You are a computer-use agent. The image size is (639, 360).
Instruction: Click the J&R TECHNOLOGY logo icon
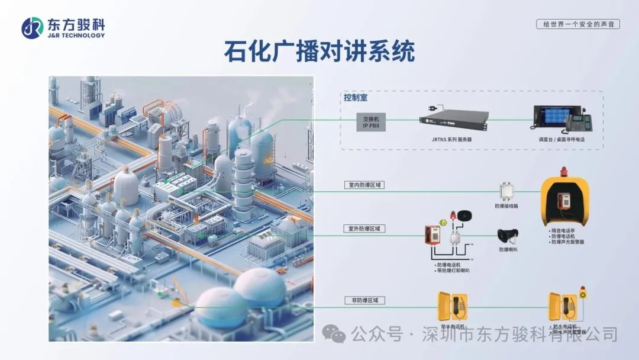33,28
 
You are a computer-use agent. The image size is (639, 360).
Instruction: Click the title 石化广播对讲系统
319,52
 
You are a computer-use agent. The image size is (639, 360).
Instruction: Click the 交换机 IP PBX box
371,122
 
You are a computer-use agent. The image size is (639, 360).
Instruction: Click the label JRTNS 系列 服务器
451,139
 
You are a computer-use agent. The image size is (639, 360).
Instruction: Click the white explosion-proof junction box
506,191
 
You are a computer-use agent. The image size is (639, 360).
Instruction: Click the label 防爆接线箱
506,206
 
